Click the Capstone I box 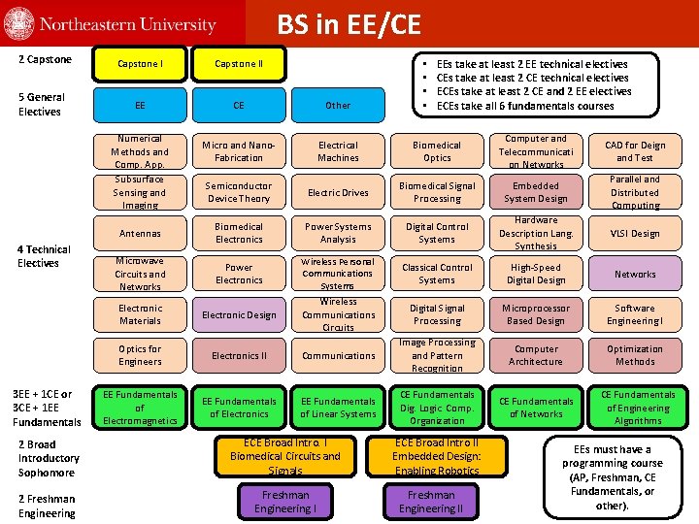pos(140,64)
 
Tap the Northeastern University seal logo pos(18,24)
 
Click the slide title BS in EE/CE pos(349,24)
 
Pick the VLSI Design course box pos(635,233)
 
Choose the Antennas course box pos(140,233)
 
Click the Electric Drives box pos(338,192)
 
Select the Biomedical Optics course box pos(437,151)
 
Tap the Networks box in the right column pos(635,274)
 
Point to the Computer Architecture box pos(536,355)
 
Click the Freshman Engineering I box pos(285,502)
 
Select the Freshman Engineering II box pos(432,502)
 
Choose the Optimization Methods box pos(635,355)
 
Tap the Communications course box pos(338,355)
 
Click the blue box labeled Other pos(338,105)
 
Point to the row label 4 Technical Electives pos(44,256)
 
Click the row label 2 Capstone pos(45,60)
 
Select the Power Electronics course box pos(239,274)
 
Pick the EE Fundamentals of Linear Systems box pos(338,408)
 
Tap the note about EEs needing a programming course pos(613,477)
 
